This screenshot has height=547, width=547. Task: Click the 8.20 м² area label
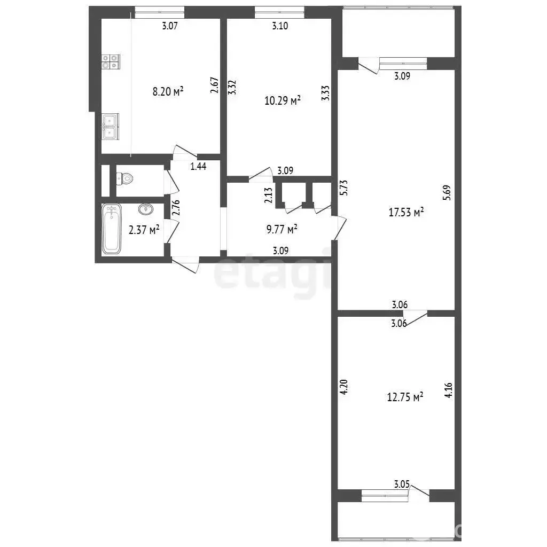pyautogui.click(x=168, y=91)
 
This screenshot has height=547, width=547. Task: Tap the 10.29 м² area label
pyautogui.click(x=283, y=100)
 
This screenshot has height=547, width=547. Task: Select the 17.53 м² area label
pyautogui.click(x=406, y=212)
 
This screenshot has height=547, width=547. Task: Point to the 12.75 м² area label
pyautogui.click(x=405, y=397)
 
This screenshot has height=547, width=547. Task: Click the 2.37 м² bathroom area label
pyautogui.click(x=144, y=230)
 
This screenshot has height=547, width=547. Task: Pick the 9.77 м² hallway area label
pyautogui.click(x=282, y=229)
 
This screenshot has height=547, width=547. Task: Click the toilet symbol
pyautogui.click(x=125, y=179)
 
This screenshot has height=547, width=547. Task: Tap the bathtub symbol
pyautogui.click(x=112, y=229)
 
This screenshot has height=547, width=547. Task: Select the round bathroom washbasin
pyautogui.click(x=146, y=209)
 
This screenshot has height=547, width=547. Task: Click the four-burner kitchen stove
pyautogui.click(x=111, y=62)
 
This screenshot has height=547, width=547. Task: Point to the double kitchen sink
pyautogui.click(x=110, y=127)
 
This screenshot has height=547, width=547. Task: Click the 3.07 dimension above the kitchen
pyautogui.click(x=170, y=26)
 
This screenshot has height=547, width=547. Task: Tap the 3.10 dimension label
pyautogui.click(x=280, y=26)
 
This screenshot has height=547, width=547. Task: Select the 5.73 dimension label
pyautogui.click(x=343, y=187)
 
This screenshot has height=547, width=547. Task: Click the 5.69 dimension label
pyautogui.click(x=447, y=192)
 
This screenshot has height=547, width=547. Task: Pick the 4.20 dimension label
pyautogui.click(x=343, y=387)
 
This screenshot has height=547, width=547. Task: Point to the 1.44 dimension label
pyautogui.click(x=198, y=166)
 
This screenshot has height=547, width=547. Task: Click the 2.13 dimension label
pyautogui.click(x=268, y=196)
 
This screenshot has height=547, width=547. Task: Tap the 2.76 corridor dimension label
pyautogui.click(x=176, y=207)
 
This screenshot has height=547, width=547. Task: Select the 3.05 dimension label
pyautogui.click(x=402, y=484)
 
